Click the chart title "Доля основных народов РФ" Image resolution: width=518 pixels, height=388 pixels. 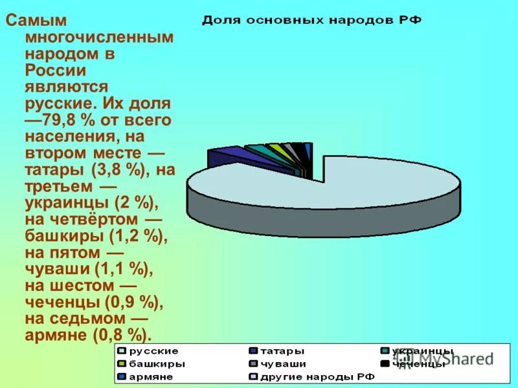click(311, 20)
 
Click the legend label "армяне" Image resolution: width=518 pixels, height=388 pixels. click(152, 377)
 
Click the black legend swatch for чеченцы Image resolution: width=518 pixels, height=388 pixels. click(385, 364)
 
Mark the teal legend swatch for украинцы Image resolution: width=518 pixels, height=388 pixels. click(385, 351)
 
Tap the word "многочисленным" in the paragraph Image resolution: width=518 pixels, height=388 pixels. click(99, 37)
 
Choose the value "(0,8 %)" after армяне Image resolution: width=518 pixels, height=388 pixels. click(123, 336)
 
